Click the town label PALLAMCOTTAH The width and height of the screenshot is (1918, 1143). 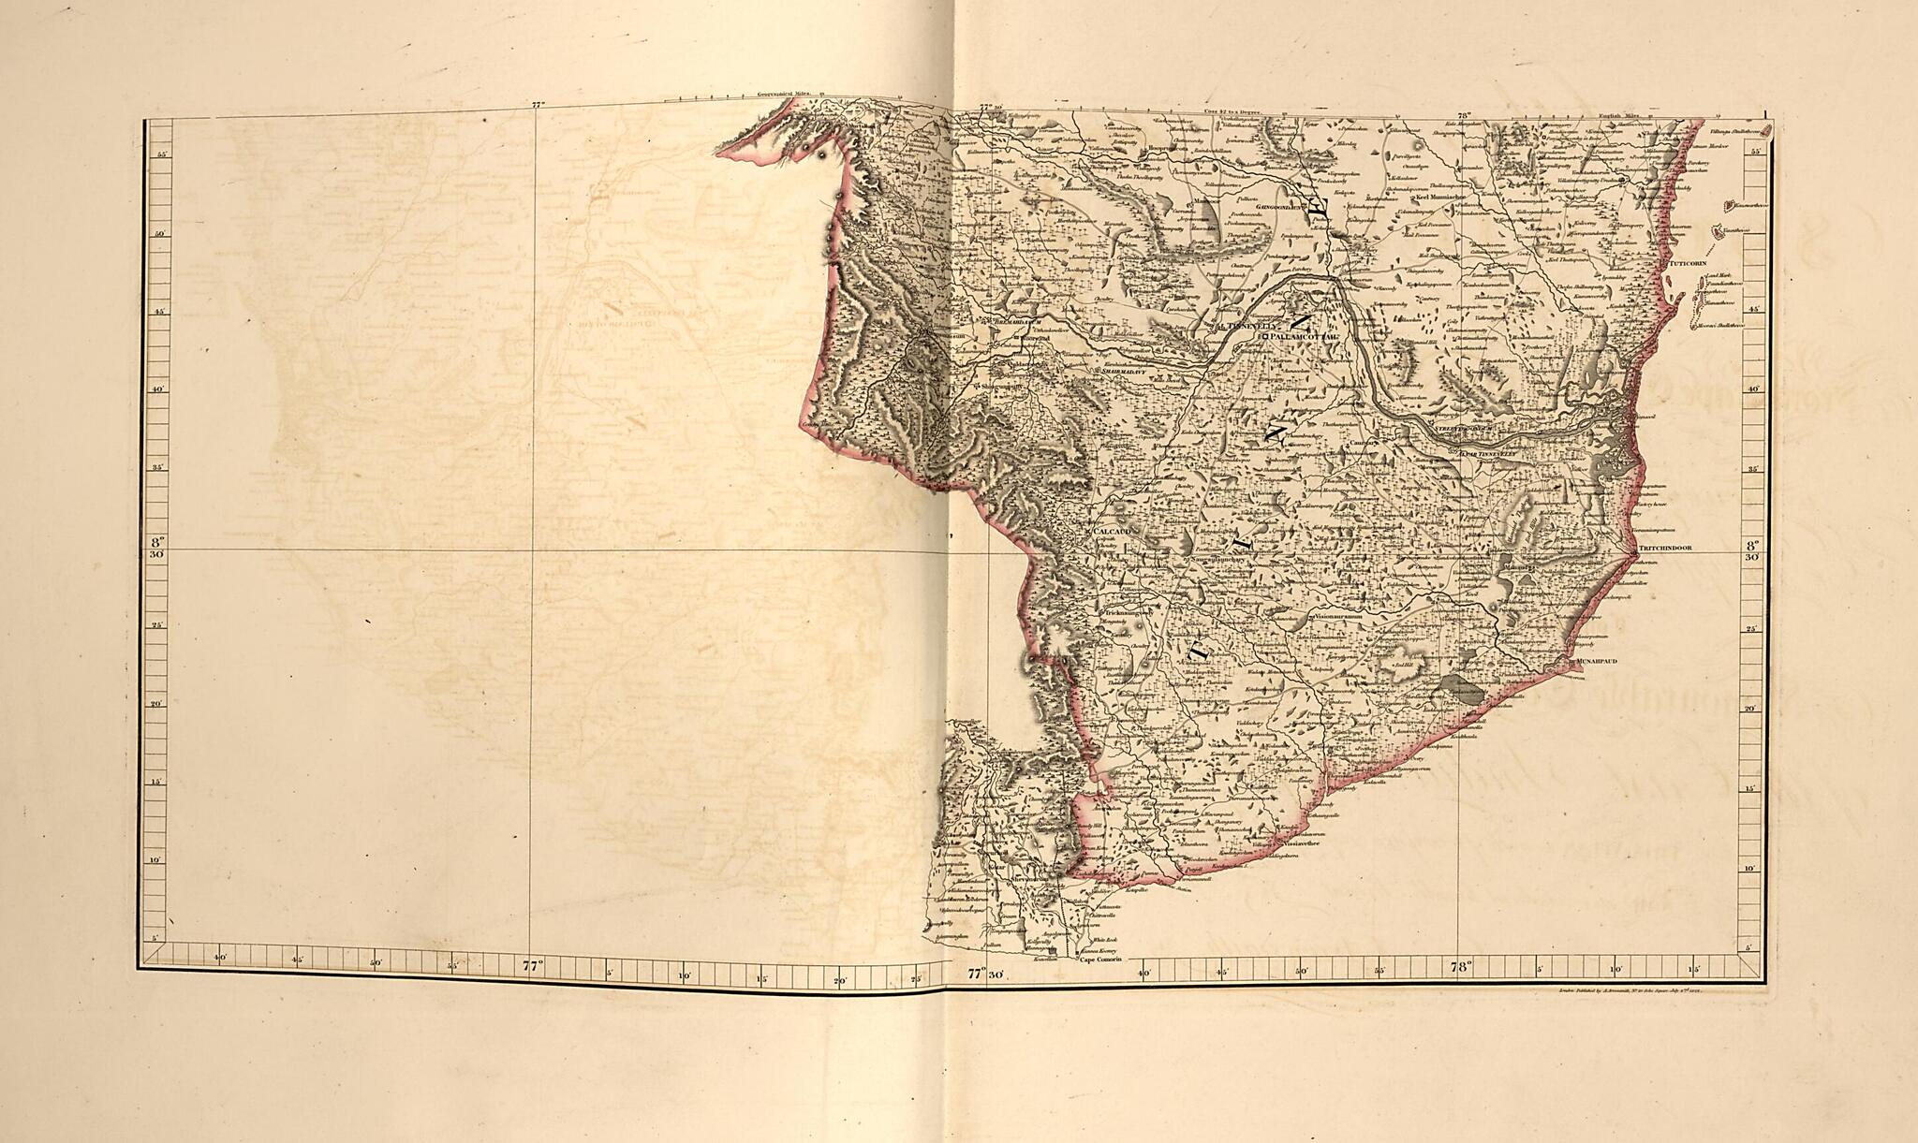pos(1305,335)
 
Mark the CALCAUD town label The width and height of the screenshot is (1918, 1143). pos(1114,531)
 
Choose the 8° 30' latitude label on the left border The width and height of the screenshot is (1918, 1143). pos(156,548)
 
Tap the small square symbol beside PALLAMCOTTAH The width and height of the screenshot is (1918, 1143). pos(1264,335)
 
